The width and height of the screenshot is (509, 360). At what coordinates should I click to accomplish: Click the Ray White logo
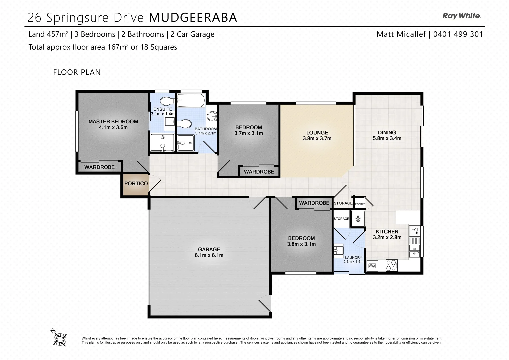pos(461,16)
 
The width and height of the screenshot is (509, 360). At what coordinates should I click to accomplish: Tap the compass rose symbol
pos(60,338)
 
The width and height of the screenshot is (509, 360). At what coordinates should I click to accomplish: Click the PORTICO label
pos(136,183)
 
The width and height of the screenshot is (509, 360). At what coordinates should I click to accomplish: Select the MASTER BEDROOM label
pos(113,121)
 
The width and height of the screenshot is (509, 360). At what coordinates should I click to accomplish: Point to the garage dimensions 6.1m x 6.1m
pos(209,255)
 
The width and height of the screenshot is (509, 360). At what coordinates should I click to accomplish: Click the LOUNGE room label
pos(317,132)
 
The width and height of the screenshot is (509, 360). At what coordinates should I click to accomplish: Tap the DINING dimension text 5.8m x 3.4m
pos(387,138)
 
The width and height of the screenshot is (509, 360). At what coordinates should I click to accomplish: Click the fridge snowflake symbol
pos(358,219)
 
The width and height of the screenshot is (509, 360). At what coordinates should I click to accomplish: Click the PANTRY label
pos(360,203)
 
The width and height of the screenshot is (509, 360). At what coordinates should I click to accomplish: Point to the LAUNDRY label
pos(353,257)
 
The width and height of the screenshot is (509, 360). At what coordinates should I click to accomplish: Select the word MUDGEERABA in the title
pos(193,18)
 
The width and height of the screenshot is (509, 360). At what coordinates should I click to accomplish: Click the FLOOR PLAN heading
pos(77,72)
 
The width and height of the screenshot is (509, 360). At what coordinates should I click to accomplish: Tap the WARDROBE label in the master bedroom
pos(99,167)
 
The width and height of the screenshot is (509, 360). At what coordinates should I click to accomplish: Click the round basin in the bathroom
pos(211,116)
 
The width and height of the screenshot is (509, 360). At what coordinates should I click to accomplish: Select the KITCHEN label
pos(387,231)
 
